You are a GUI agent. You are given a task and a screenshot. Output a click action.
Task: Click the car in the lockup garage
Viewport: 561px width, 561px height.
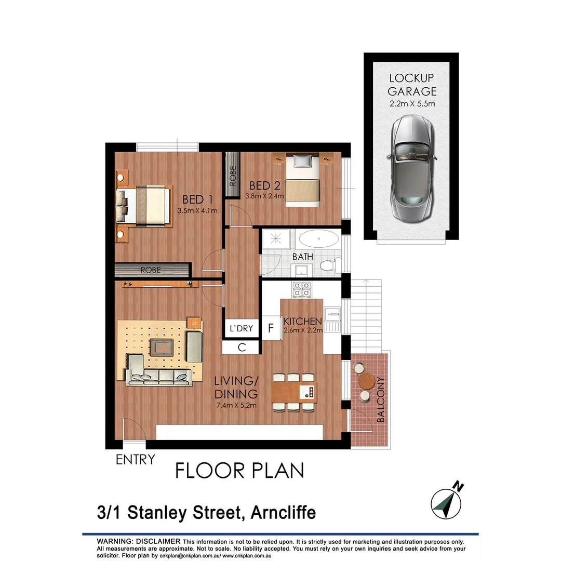tap(411, 168)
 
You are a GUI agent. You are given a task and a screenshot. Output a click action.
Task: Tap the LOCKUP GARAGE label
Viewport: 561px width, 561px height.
tap(412, 85)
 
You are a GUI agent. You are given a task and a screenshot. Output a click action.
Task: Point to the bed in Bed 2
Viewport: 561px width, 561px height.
tap(303, 180)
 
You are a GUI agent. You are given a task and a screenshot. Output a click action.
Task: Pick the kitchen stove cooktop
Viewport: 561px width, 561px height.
tap(302, 289)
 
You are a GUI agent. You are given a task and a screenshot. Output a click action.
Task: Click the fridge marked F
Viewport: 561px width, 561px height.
tap(270, 328)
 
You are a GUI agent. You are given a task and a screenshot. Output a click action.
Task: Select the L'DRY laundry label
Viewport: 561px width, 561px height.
tap(241, 328)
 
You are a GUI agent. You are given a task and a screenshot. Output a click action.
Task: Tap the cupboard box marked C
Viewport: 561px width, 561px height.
tap(242, 348)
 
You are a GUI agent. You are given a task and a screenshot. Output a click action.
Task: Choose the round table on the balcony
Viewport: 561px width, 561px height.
tap(367, 381)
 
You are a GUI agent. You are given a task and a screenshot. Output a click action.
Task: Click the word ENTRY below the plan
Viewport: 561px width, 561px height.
tap(135, 459)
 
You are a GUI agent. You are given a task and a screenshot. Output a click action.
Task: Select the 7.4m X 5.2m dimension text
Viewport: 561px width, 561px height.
tap(236, 406)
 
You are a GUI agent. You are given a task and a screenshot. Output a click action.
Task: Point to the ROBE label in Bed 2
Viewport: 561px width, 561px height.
tap(232, 176)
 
